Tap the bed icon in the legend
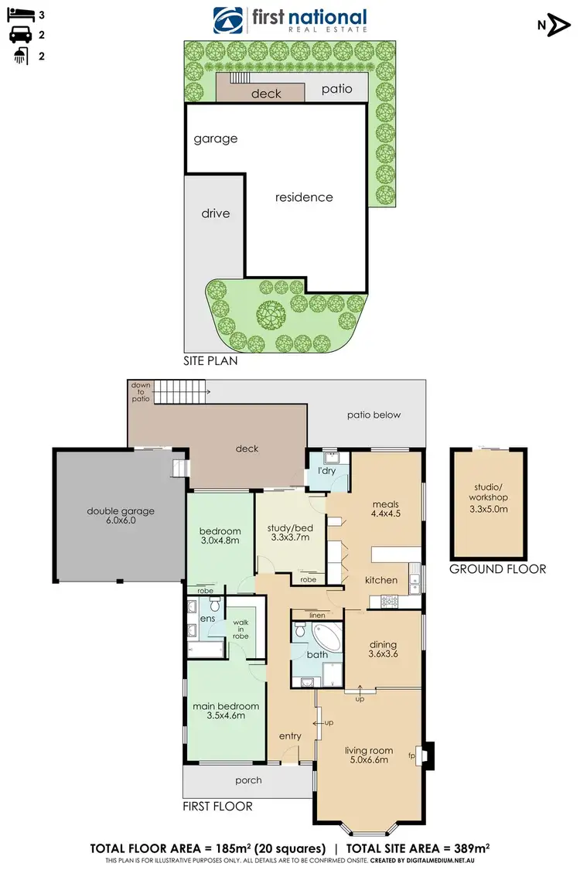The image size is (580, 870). pyautogui.click(x=19, y=15)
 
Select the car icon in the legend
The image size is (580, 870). pyautogui.click(x=19, y=34)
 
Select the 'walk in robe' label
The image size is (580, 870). pyautogui.click(x=241, y=629)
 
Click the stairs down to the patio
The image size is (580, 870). pyautogui.click(x=182, y=393)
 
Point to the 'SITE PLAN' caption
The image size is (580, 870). pyautogui.click(x=210, y=360)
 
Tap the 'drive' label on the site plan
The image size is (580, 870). pyautogui.click(x=216, y=213)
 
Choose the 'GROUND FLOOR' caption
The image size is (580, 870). pyautogui.click(x=497, y=568)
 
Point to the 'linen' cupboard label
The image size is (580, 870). pyautogui.click(x=317, y=615)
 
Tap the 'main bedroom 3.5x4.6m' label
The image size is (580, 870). pyautogui.click(x=225, y=711)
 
